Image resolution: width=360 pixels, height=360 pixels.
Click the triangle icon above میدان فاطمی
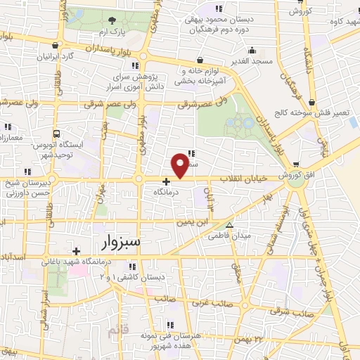coord(228,225)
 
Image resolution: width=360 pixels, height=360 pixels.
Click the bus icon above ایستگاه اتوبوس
coord(56,134)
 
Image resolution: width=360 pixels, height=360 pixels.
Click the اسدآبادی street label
coord(15,258)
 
